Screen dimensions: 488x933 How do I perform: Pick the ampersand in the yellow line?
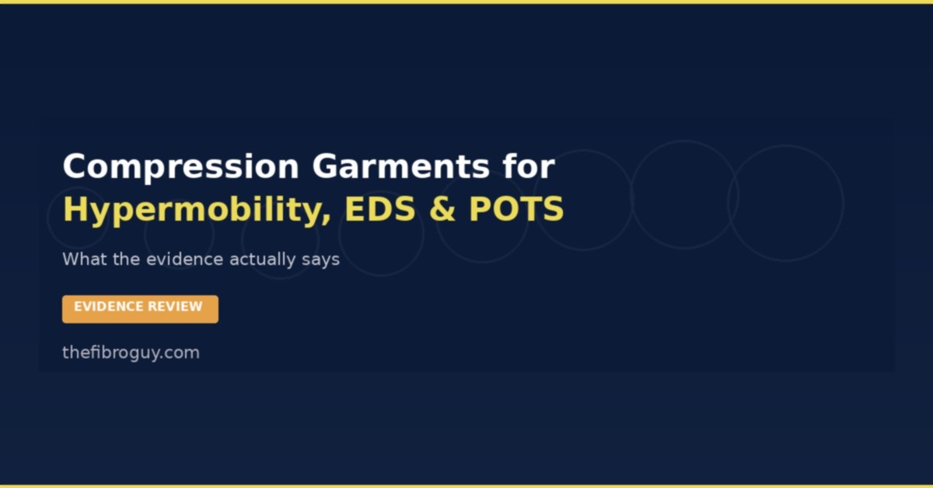pos(442,210)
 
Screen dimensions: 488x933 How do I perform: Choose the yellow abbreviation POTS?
pos(516,210)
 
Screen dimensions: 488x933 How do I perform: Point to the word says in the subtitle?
pos(320,260)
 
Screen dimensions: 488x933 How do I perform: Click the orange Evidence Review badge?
pos(140,308)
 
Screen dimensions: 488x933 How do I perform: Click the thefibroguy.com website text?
pos(131,353)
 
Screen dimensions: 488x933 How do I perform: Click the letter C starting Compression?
pos(74,168)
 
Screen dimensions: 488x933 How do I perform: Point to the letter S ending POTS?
pos(554,210)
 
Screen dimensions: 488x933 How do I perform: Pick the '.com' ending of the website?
pos(182,353)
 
